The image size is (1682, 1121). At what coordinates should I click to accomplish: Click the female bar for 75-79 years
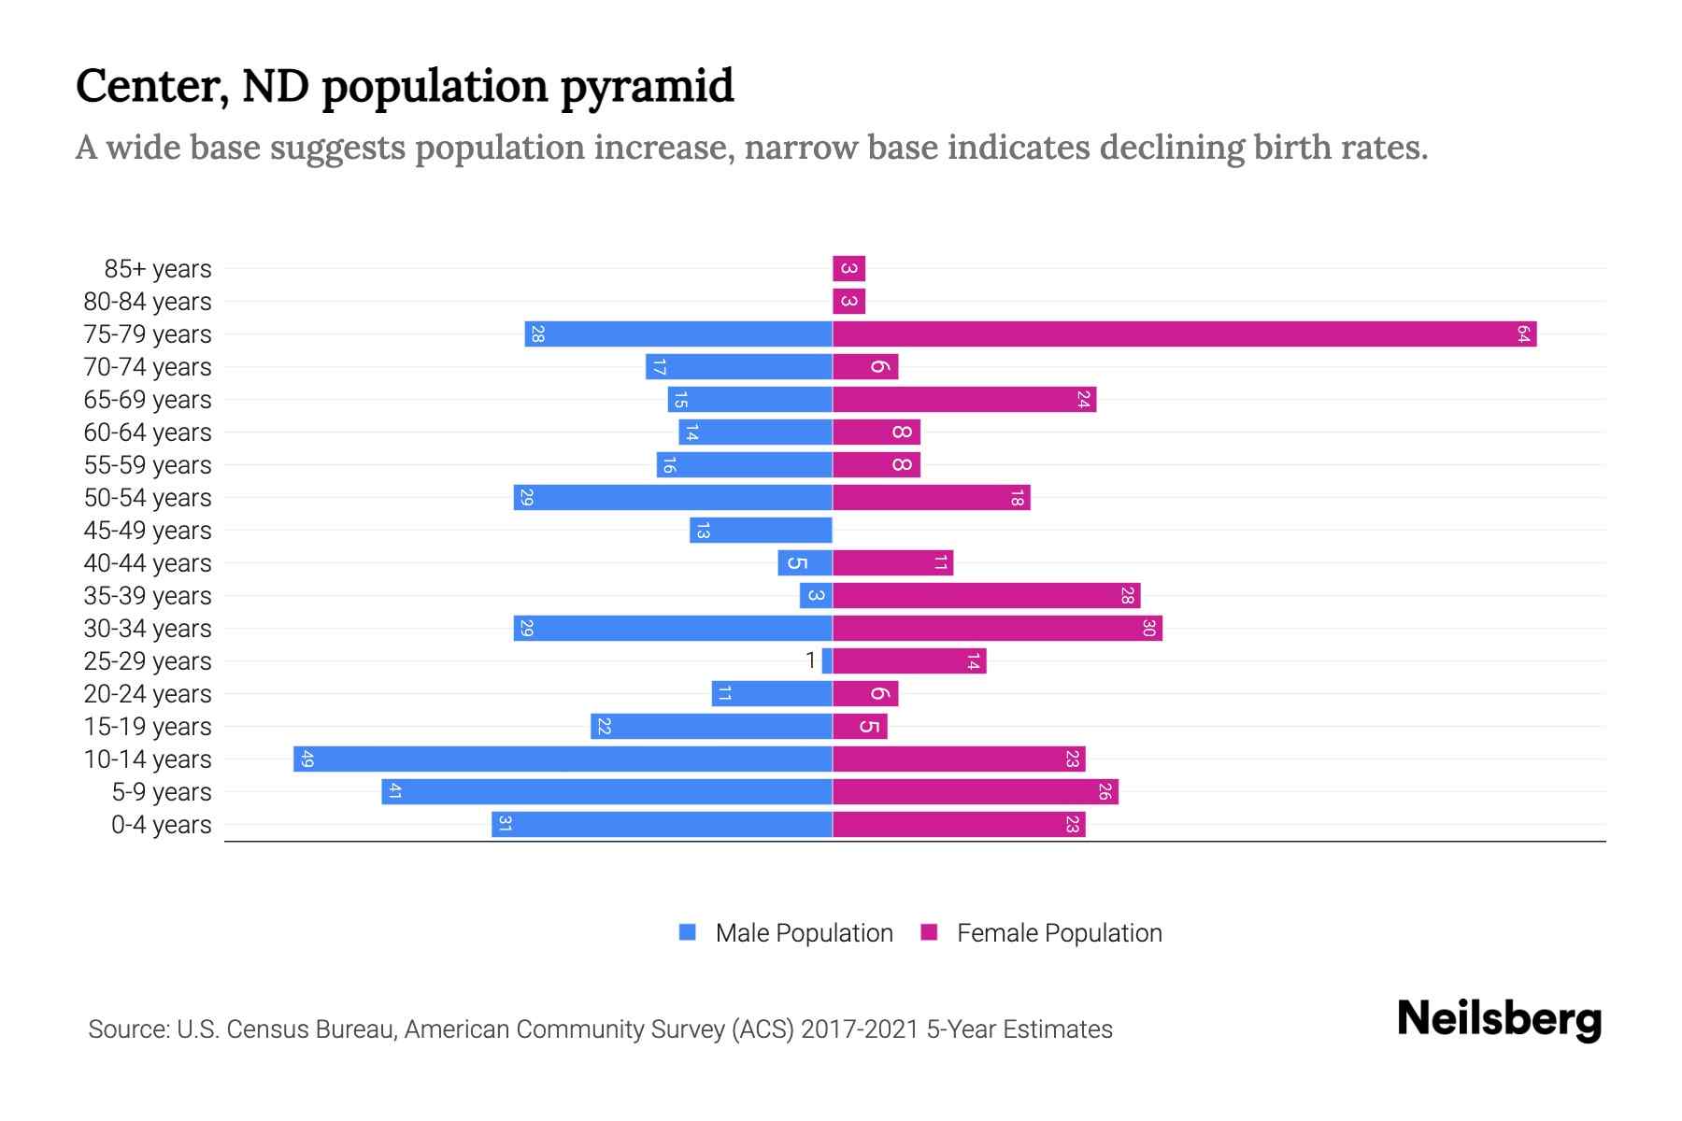point(1184,333)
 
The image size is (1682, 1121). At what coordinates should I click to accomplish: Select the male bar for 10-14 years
point(563,759)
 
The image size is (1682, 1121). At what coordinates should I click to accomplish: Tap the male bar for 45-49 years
point(761,530)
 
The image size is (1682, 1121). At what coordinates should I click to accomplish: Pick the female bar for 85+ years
point(848,268)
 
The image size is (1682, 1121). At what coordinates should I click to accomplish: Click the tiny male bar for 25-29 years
point(827,660)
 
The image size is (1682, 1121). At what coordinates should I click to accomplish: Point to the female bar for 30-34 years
point(997,628)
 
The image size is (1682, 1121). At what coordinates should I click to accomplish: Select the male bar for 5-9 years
point(606,791)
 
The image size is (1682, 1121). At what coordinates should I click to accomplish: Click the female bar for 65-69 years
point(963,399)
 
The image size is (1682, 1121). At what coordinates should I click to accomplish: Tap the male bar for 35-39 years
point(816,595)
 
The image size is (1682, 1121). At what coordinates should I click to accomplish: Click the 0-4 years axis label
point(161,825)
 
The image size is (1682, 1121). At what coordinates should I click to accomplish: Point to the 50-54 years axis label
point(148,498)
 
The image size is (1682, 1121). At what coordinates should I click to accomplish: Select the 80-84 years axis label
point(148,302)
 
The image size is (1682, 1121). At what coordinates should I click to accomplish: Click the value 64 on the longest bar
point(1523,333)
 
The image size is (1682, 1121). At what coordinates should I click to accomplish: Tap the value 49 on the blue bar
point(307,759)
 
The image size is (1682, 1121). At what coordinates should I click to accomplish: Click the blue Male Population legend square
point(688,932)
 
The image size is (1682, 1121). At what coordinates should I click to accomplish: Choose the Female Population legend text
point(1059,932)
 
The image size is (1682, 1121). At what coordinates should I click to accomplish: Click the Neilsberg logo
point(1499,1019)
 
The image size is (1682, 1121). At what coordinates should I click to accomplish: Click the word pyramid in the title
point(647,87)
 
